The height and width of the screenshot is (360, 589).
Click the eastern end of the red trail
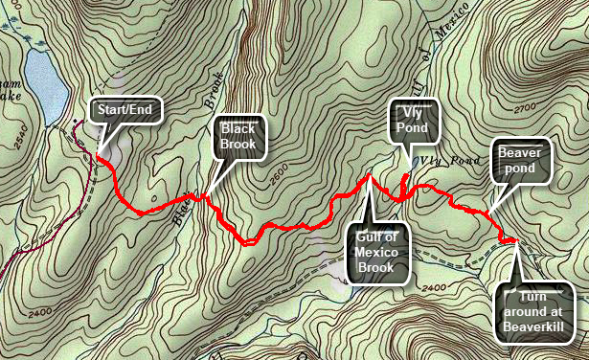517,239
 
